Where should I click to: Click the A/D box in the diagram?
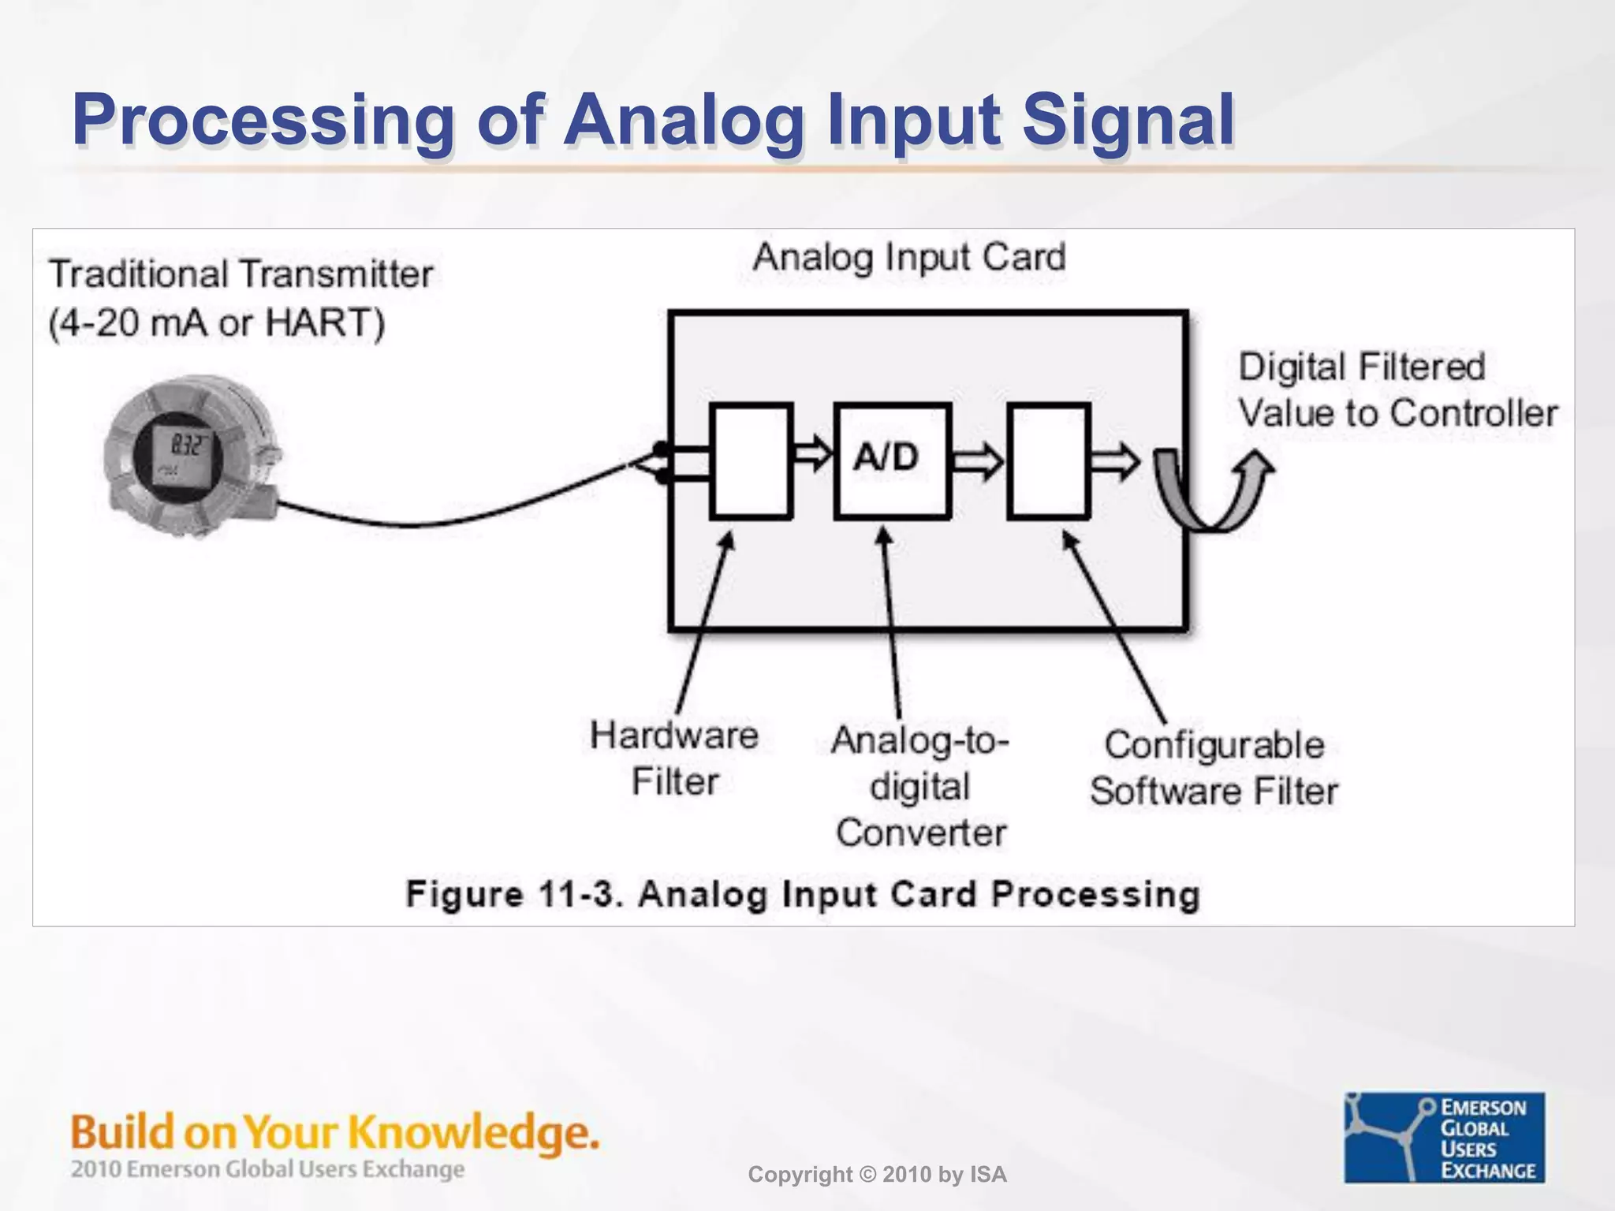892,460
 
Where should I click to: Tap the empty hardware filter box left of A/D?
751,460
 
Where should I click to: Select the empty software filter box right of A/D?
1049,460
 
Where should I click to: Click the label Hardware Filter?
675,758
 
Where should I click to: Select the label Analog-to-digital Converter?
920,786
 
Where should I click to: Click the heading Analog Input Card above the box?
908,258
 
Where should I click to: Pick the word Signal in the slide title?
1128,121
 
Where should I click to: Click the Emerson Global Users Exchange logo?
1444,1137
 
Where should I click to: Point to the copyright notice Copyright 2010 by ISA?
877,1175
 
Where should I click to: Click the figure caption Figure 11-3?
803,894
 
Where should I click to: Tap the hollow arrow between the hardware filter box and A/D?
812,453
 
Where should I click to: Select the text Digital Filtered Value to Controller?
1397,390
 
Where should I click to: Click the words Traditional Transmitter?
241,274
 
